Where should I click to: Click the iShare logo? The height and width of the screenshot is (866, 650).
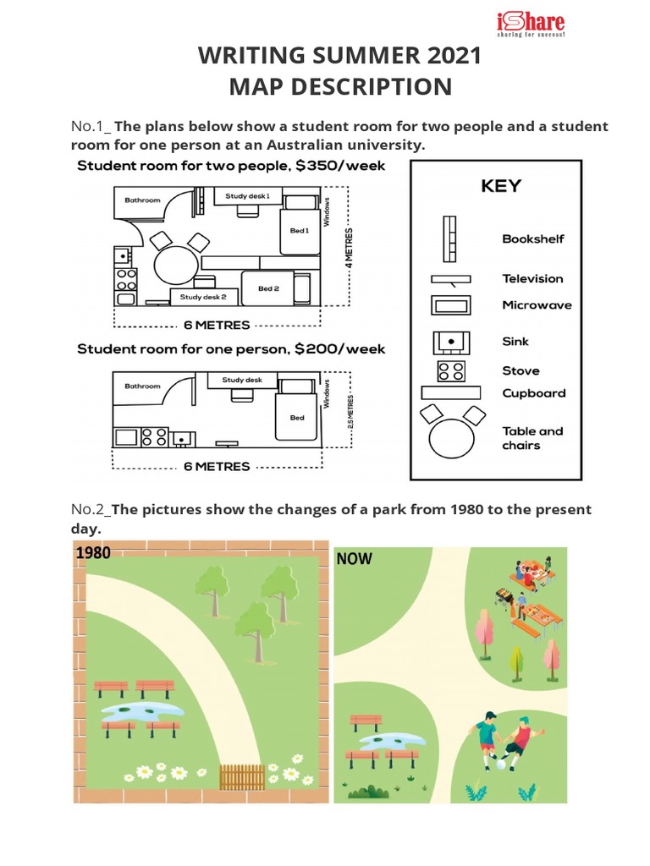pyautogui.click(x=530, y=25)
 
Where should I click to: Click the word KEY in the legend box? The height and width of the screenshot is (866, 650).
pyautogui.click(x=501, y=186)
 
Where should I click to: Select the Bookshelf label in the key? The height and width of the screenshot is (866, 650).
pyautogui.click(x=532, y=239)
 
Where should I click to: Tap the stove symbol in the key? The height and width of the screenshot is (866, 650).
pyautogui.click(x=450, y=370)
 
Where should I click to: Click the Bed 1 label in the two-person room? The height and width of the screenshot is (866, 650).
pyautogui.click(x=300, y=230)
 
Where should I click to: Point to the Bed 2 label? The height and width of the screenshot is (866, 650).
pyautogui.click(x=268, y=289)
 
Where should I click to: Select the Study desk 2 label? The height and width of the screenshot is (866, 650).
pyautogui.click(x=202, y=297)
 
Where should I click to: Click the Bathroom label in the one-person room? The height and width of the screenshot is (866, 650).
pyautogui.click(x=142, y=386)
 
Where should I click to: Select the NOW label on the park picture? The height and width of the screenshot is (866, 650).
pyautogui.click(x=354, y=559)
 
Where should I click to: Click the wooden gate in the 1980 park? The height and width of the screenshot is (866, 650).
pyautogui.click(x=242, y=776)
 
